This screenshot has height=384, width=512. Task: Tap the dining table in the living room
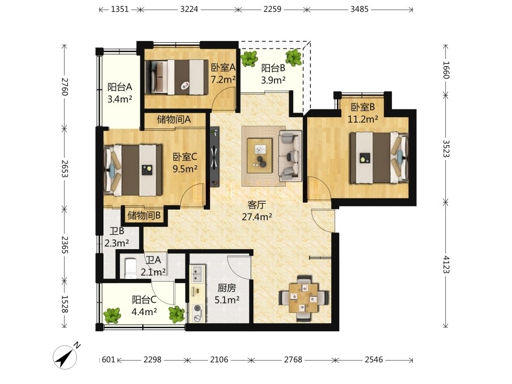304,298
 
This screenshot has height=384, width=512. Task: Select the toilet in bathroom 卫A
131,268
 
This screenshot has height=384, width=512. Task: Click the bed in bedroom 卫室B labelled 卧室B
379,158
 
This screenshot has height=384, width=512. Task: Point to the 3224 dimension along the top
189,9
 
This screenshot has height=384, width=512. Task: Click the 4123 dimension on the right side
446,265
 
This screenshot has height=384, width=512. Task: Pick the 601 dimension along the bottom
108,359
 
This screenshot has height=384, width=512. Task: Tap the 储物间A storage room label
174,119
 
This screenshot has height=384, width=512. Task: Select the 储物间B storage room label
143,215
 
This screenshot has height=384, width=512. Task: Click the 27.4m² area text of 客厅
257,217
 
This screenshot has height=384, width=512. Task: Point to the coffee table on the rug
260,155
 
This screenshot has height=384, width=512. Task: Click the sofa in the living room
290,156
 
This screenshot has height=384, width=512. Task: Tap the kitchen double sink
197,274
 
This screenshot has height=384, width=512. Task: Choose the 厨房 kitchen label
227,287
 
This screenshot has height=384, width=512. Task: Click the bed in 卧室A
177,77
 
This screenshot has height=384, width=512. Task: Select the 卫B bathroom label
117,231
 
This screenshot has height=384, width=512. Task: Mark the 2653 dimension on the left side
65,169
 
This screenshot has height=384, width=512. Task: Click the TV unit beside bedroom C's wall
214,157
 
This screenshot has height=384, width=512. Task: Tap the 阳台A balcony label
120,87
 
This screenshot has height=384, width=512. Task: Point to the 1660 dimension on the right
446,70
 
